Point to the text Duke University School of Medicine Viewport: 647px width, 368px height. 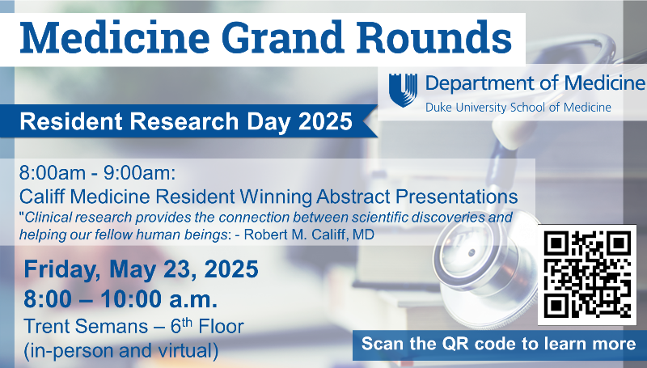[x=518, y=107]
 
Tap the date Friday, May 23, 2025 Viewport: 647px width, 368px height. [x=142, y=269]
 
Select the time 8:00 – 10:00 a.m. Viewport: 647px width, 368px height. [x=121, y=299]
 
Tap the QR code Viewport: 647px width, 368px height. [x=588, y=273]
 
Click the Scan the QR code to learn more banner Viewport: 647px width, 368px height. [x=499, y=344]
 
